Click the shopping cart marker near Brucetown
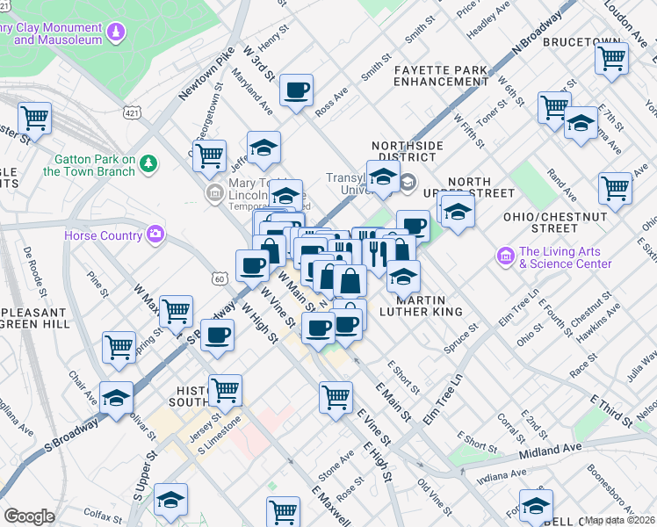[x=611, y=59]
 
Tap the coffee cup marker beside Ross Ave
[x=297, y=90]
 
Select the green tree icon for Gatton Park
[x=149, y=162]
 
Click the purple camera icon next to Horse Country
[x=155, y=234]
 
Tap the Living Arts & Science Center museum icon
[x=505, y=256]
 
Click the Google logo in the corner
[x=29, y=516]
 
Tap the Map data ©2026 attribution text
[x=620, y=520]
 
